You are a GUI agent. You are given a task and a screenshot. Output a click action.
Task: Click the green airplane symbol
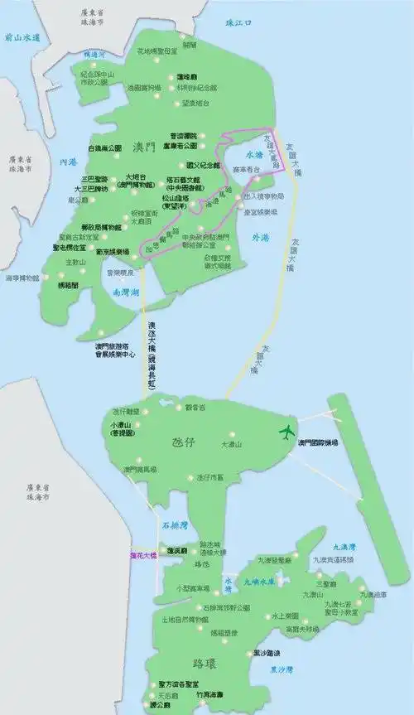pos(287,432)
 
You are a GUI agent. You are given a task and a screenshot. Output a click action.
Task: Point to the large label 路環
pos(206,663)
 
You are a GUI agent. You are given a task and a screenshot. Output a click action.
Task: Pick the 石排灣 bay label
pos(175,524)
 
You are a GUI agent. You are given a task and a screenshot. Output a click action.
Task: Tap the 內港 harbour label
pos(57,162)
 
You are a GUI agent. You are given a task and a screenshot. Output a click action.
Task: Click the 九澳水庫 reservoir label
pos(258,582)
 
